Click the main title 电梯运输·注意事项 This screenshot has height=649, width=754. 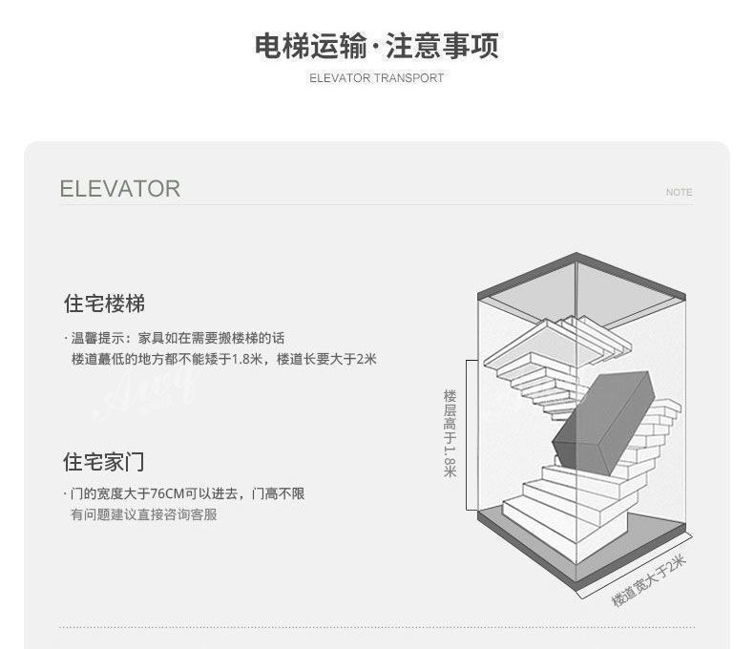(x=376, y=46)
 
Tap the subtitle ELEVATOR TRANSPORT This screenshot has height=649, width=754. (x=376, y=78)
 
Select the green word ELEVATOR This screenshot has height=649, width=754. (x=119, y=189)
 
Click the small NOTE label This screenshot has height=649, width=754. (x=679, y=193)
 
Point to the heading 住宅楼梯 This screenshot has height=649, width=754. (x=104, y=304)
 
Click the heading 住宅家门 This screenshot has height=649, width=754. (x=104, y=462)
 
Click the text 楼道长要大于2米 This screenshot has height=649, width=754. (x=326, y=360)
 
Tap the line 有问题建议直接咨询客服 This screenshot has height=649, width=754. (x=143, y=515)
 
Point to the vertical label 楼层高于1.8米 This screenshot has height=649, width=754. (x=450, y=433)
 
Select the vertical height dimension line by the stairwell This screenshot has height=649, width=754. (x=467, y=434)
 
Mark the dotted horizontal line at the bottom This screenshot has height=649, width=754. (x=376, y=627)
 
